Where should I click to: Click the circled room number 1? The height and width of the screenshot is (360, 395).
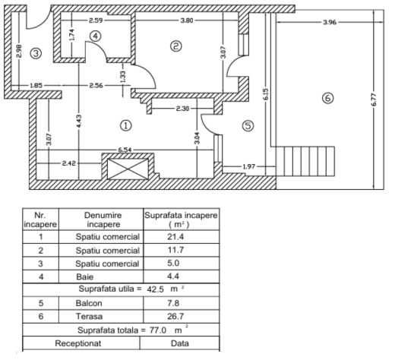pyautogui.click(x=126, y=125)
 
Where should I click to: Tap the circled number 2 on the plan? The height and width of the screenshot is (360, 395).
pyautogui.click(x=176, y=46)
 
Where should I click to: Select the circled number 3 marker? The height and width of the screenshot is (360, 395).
pyautogui.click(x=36, y=53)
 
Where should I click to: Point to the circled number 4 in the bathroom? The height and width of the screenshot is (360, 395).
pyautogui.click(x=96, y=36)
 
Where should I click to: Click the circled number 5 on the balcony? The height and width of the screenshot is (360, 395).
pyautogui.click(x=248, y=125)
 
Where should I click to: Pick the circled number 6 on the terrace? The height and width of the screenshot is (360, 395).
pyautogui.click(x=327, y=98)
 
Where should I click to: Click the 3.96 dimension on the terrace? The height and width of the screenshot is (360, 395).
pyautogui.click(x=330, y=22)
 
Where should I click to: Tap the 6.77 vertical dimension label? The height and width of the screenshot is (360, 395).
pyautogui.click(x=374, y=99)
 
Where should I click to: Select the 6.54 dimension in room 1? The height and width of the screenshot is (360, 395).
pyautogui.click(x=125, y=150)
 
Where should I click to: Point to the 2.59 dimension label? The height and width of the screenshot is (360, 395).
pyautogui.click(x=96, y=21)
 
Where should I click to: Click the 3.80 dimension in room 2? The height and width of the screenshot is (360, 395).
pyautogui.click(x=187, y=21)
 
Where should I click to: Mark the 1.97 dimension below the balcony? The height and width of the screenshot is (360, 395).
pyautogui.click(x=249, y=166)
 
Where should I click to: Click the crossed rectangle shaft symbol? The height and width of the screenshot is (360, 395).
pyautogui.click(x=128, y=169)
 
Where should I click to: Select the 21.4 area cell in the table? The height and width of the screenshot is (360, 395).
pyautogui.click(x=175, y=237)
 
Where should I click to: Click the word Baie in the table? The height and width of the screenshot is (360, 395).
pyautogui.click(x=84, y=276)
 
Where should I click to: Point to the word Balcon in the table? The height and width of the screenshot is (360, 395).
pyautogui.click(x=89, y=303)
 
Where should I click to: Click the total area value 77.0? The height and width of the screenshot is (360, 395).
pyautogui.click(x=158, y=330)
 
